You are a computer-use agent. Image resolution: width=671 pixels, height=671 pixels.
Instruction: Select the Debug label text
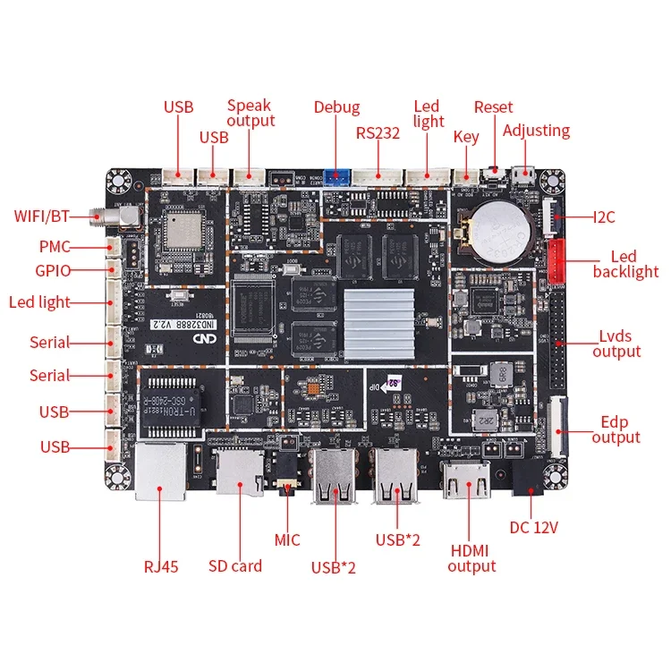point(336,107)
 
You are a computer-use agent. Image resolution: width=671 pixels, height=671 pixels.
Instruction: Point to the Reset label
point(493,107)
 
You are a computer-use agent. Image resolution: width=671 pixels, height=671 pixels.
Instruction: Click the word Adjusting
point(536,131)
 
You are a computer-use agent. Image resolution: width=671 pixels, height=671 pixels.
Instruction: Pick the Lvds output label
point(616,344)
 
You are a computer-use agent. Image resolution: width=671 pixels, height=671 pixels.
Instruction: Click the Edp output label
point(616,429)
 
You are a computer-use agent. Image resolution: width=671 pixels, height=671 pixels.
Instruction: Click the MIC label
point(287,539)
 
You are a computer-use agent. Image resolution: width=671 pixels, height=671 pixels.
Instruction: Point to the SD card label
point(235,565)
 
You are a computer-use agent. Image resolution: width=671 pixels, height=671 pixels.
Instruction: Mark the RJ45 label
point(161,565)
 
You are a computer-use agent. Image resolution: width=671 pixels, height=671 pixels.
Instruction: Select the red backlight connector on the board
point(556,259)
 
